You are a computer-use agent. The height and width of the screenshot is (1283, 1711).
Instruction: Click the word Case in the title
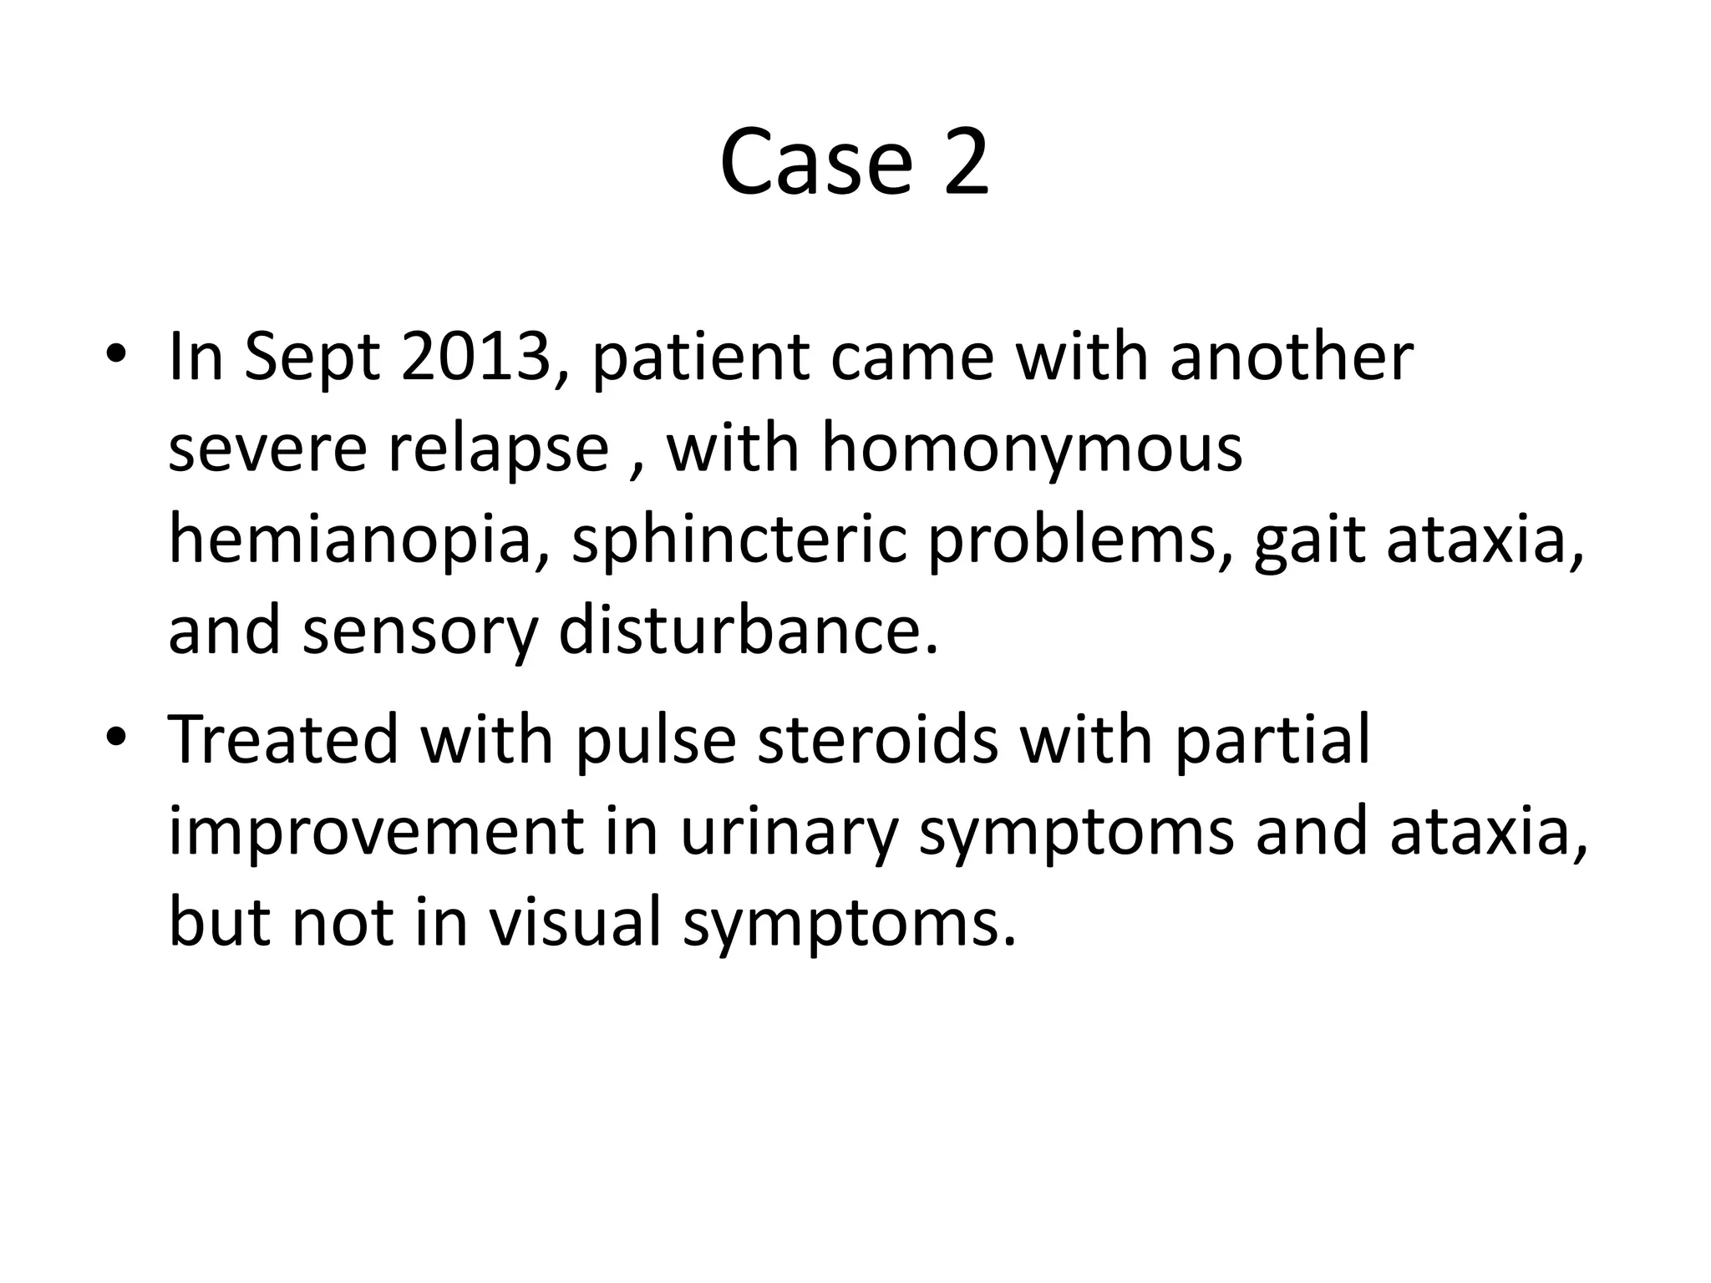coord(815,163)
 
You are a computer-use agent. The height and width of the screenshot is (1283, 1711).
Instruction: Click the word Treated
coord(283,738)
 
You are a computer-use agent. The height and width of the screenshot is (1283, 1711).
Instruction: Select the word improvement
coord(376,832)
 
